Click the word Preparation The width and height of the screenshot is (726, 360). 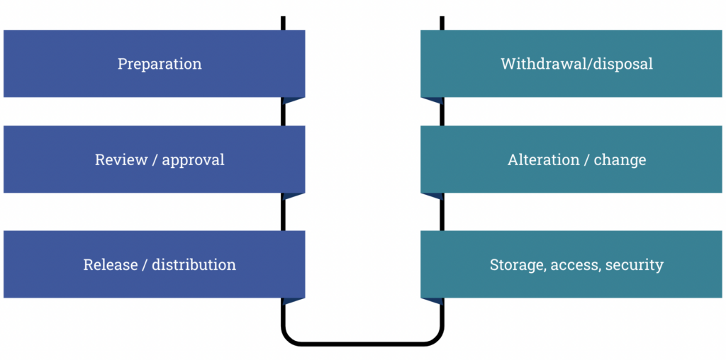click(x=160, y=64)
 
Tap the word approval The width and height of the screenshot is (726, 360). click(x=193, y=160)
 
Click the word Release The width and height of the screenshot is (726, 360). click(x=109, y=264)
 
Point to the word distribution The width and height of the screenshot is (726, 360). click(x=194, y=264)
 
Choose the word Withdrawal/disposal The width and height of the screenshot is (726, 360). click(x=576, y=64)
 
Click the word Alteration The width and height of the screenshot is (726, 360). click(x=543, y=159)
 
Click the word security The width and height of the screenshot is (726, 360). click(x=635, y=265)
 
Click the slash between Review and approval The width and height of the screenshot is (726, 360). click(x=155, y=160)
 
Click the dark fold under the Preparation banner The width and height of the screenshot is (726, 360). click(x=292, y=101)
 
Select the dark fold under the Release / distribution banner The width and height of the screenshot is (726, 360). click(x=292, y=301)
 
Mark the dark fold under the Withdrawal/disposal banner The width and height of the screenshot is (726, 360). click(x=432, y=101)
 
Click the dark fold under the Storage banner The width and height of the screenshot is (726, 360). click(x=432, y=301)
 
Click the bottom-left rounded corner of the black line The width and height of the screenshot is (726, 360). click(x=289, y=338)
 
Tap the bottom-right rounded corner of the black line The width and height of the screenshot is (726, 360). click(x=437, y=338)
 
